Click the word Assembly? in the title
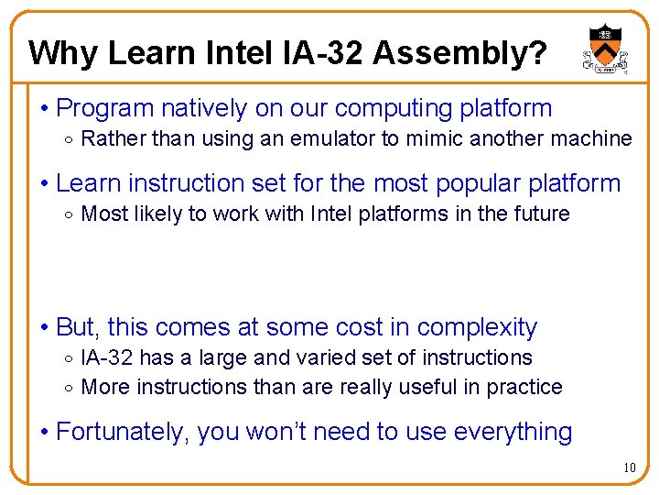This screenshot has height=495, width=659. click(459, 54)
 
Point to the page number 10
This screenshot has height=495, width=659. click(629, 468)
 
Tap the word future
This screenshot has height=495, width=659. click(545, 214)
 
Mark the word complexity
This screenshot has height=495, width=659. click(477, 327)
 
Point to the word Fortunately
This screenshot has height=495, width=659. click(123, 432)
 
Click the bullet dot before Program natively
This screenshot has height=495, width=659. click(45, 109)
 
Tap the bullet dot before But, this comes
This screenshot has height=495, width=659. click(45, 328)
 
